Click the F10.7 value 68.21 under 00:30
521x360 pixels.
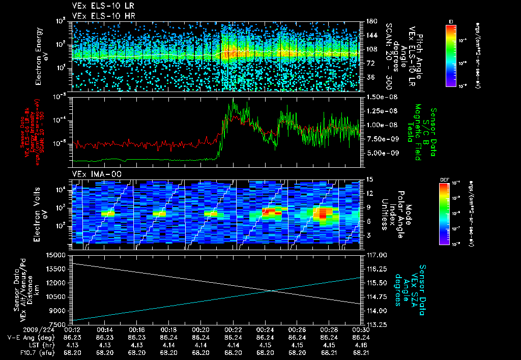[360, 352]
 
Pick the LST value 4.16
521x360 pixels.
[360, 345]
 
